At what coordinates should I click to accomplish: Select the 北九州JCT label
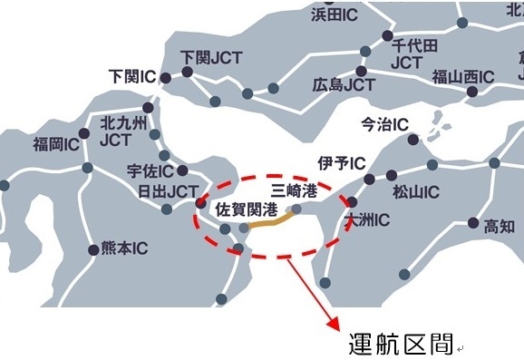pyautogui.click(x=115, y=132)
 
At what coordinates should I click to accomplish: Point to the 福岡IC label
pyautogui.click(x=56, y=143)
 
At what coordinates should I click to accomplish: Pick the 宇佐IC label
pyautogui.click(x=150, y=169)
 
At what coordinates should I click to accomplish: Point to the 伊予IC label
pyautogui.click(x=341, y=163)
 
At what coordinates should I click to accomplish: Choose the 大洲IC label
pyautogui.click(x=369, y=219)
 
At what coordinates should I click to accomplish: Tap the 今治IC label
pyautogui.click(x=384, y=123)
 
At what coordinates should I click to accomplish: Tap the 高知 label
pyautogui.click(x=500, y=226)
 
